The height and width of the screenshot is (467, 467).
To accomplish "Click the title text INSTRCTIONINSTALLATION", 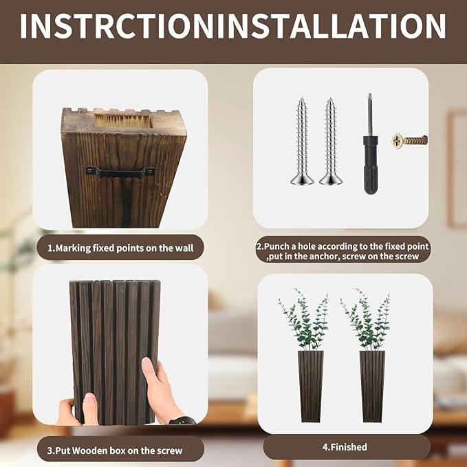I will (x=233, y=25).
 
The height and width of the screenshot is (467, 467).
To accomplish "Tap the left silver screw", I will (x=302, y=141).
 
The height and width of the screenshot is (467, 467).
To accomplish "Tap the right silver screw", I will (x=330, y=141).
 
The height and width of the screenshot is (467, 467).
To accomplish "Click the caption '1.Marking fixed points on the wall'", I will (x=120, y=247).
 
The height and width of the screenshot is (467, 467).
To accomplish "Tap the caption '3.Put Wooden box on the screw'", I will (x=120, y=450).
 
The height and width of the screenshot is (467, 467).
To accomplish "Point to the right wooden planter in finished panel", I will (x=371, y=385).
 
